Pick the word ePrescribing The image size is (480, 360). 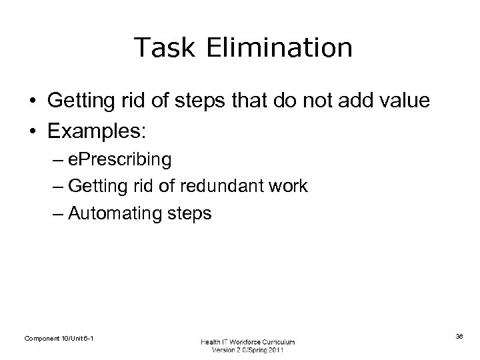point(119,160)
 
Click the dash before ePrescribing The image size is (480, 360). point(57,161)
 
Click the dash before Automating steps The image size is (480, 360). point(57,214)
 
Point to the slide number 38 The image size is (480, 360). point(459,337)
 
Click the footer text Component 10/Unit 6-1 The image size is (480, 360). point(59,339)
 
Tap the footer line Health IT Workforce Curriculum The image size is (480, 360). point(247,342)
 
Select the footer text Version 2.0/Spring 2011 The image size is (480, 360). point(247,351)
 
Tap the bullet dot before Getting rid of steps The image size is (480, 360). point(32,101)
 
